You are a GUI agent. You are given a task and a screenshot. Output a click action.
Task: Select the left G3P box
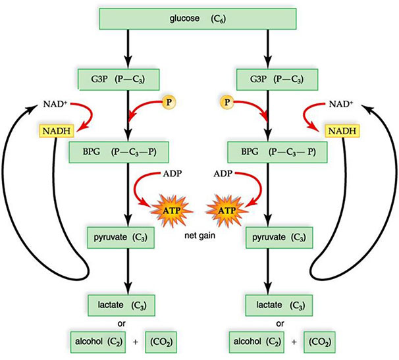[119, 80]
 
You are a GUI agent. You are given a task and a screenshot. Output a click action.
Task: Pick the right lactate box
[277, 306]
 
